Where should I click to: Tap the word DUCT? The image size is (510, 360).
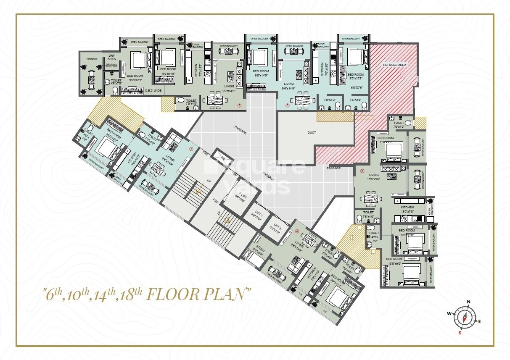[x=312, y=132]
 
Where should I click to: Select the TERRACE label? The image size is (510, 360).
[x=92, y=59]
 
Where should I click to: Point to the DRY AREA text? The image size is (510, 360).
[x=111, y=58]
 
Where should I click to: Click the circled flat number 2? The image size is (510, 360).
[x=239, y=105]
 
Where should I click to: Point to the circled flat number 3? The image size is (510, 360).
[x=287, y=105]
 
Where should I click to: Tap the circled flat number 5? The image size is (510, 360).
[x=362, y=171]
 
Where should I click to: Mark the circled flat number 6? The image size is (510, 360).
[x=297, y=231]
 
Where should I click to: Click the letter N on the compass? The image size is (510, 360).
[x=468, y=302]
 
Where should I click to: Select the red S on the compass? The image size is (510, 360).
[x=460, y=333]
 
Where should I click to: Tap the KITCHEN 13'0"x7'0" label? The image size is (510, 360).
[x=407, y=209]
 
